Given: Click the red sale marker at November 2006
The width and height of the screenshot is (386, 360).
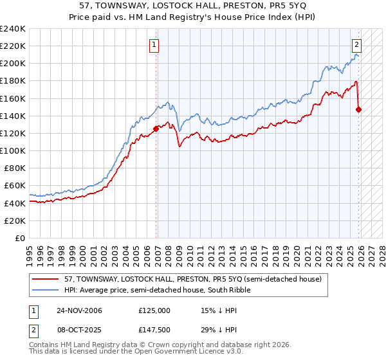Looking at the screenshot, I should coord(156,129).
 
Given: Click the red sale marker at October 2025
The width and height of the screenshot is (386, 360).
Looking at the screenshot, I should coord(358,109).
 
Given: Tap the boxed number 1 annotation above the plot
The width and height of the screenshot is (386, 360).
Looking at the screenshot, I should coord(156,44).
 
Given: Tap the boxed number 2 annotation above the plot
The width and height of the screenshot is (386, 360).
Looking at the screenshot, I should coord(356,44).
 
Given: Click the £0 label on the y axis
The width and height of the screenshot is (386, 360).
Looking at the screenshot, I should coord(21,238).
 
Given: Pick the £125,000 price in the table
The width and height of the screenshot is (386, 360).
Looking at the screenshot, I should coord(154,310).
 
